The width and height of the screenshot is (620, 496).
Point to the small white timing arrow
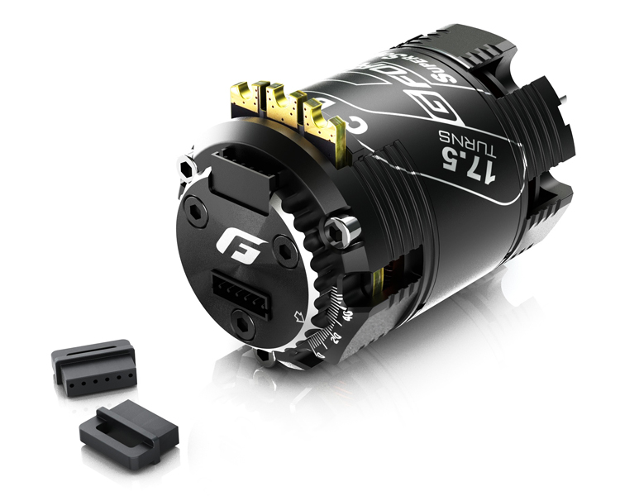(x=301, y=315)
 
